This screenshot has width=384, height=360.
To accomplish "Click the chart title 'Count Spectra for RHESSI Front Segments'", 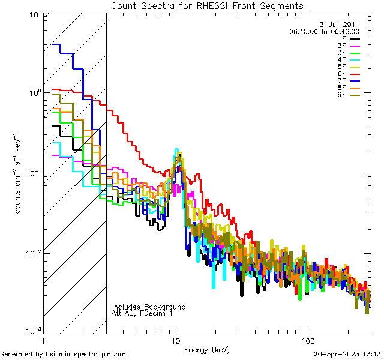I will click(x=207, y=5).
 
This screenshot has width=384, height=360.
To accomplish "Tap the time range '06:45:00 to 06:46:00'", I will click(x=324, y=31).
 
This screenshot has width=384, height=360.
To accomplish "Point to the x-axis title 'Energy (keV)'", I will click(x=206, y=349).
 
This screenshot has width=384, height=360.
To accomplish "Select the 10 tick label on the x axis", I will click(x=176, y=340).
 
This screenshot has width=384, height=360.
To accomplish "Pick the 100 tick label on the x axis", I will click(x=307, y=340).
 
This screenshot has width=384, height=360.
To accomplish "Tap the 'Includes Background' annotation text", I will click(x=148, y=307).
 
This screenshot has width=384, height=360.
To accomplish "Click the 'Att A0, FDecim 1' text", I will click(x=142, y=313).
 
